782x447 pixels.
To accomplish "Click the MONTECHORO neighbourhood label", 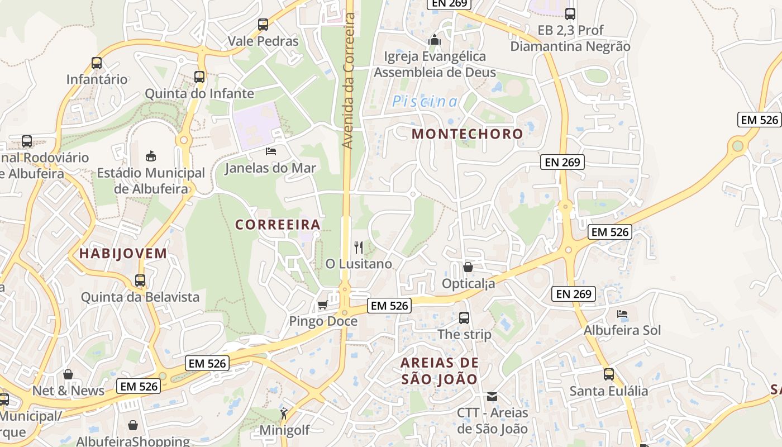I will coord(467,134).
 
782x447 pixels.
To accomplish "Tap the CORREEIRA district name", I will coord(278,225).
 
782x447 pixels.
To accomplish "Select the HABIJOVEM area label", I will coord(123,254).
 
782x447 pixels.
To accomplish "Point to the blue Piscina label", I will coord(425,102).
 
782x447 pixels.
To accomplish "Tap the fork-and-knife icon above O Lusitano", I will coord(359,248).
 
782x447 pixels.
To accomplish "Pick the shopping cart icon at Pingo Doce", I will coord(322,305).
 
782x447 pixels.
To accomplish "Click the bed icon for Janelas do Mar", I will coord(271,151).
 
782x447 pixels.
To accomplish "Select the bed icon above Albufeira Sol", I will coord(622,314).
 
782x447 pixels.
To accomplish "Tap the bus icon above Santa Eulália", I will coord(608,374).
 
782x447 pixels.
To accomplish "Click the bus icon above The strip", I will coord(464,318).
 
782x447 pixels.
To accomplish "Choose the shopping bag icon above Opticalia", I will coord(468,268).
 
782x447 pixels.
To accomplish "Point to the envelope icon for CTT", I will coord(492,397).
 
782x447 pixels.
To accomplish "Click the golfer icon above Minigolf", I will coord(284,414).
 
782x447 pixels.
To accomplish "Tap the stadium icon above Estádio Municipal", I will coord(151,156).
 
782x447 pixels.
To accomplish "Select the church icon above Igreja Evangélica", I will coord(434,40).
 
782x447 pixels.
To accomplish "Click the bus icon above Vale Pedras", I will coord(263,25).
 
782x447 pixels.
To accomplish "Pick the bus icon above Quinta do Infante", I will coord(199,77).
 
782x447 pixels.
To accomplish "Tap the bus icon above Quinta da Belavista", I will coord(140,280).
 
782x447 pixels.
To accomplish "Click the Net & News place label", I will coord(68,391).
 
